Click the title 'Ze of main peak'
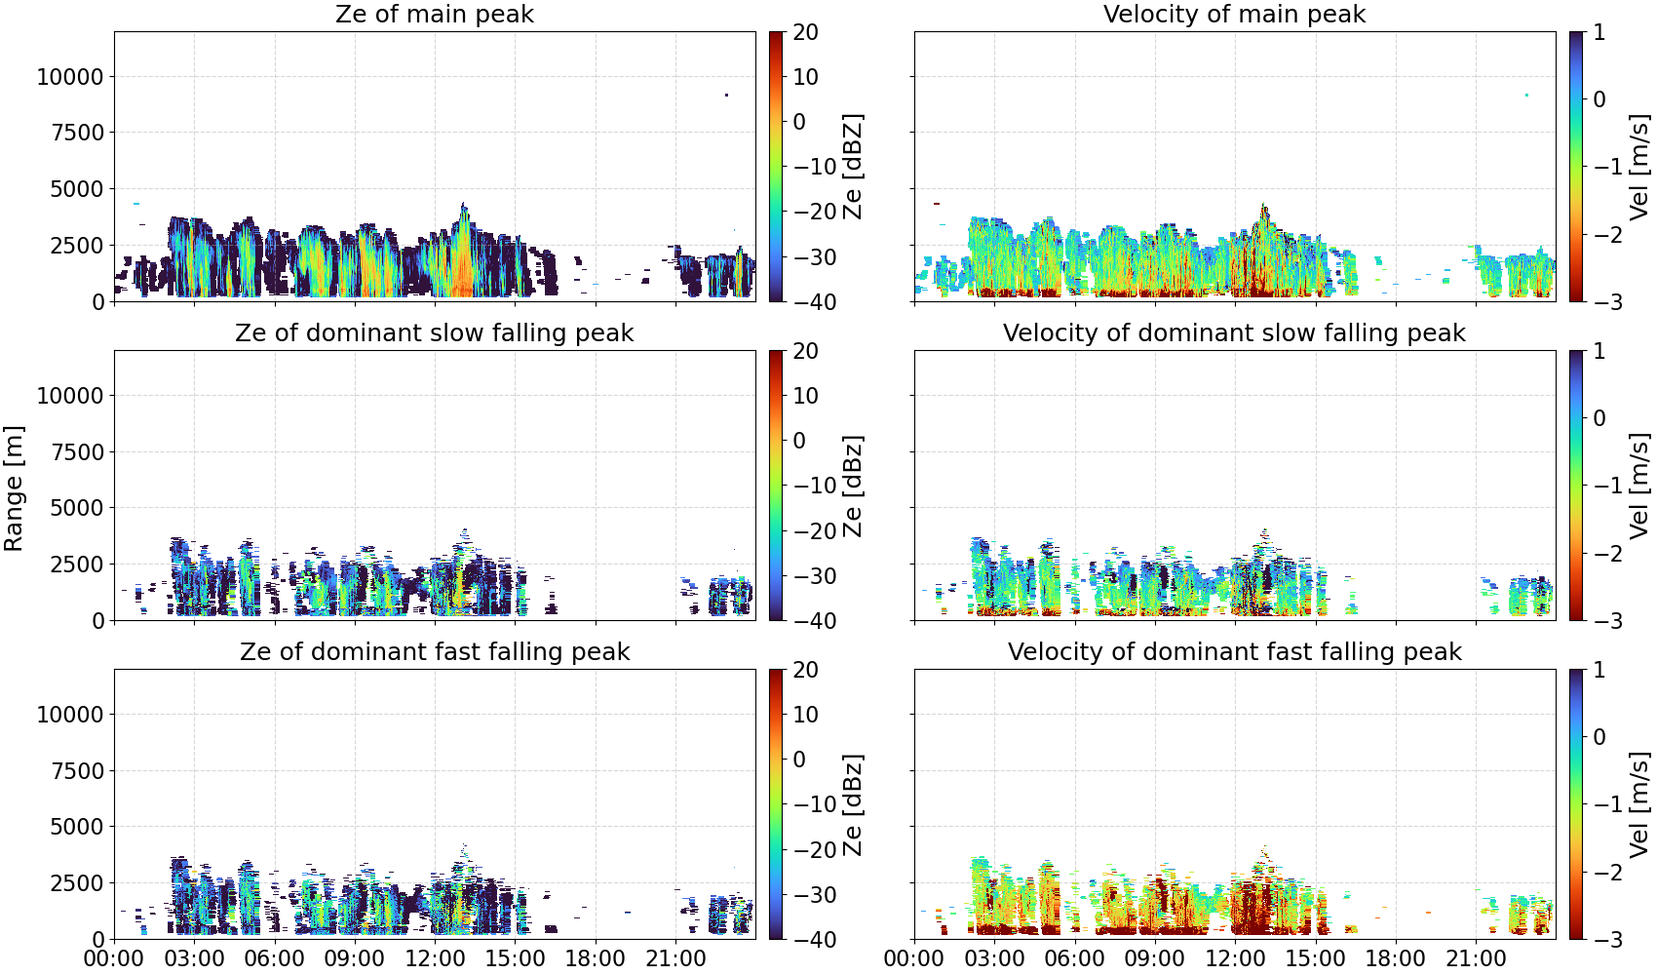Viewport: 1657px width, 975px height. (x=434, y=14)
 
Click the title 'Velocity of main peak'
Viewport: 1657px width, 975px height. (x=1235, y=14)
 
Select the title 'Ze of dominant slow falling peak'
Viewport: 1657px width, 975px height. (x=434, y=332)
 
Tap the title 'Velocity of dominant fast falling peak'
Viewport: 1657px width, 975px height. (x=1235, y=651)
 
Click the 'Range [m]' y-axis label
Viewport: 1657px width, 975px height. (x=14, y=488)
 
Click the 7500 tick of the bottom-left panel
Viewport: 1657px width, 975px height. (x=77, y=771)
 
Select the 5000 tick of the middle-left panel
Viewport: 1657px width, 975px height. (x=77, y=507)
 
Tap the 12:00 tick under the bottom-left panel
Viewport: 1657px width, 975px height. (x=435, y=958)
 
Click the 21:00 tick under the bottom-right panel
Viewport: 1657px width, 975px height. (x=1476, y=958)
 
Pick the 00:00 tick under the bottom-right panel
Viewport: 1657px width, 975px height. (x=914, y=958)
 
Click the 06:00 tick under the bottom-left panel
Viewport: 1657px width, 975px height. (x=275, y=958)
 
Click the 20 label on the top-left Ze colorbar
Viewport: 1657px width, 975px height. (x=805, y=32)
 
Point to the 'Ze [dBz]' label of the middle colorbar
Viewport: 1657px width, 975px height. (x=852, y=486)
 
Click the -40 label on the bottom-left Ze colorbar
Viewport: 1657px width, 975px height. (x=815, y=940)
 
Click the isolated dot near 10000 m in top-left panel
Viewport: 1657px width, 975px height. (x=726, y=95)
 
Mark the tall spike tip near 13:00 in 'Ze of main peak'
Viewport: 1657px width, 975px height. (x=464, y=204)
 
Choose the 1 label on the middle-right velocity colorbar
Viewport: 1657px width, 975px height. (x=1599, y=351)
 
